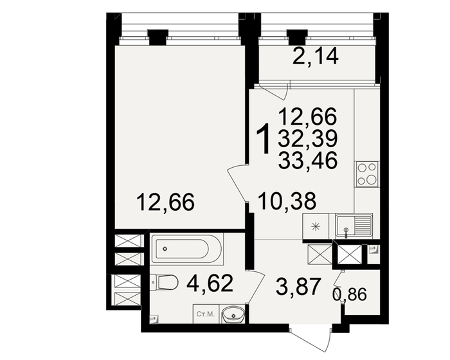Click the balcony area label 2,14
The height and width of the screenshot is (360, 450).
pos(315,58)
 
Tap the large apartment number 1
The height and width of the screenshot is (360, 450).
pos(263,139)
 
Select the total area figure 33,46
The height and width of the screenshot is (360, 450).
pos(307,159)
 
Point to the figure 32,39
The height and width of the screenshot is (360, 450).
pos(307,138)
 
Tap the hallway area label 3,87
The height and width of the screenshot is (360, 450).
pos(297,287)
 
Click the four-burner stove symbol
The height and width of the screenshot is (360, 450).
pos(367,173)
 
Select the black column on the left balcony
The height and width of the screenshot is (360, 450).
pos(157,37)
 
